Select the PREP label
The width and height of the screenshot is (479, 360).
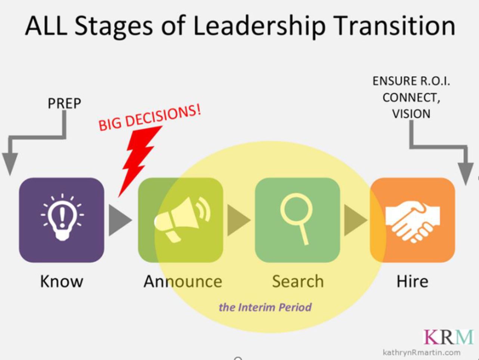click(64, 103)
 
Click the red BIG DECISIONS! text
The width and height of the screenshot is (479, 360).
click(149, 118)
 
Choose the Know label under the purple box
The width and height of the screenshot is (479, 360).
click(62, 281)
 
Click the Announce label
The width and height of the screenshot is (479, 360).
click(183, 281)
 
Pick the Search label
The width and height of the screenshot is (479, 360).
click(298, 281)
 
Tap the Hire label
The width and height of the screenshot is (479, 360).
click(412, 281)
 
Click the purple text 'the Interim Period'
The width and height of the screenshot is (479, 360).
click(265, 307)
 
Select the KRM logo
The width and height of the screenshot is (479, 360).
click(448, 337)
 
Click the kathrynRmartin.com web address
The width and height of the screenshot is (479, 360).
click(421, 352)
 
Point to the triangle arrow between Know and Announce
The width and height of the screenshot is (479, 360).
click(119, 220)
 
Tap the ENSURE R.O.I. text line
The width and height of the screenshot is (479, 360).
click(411, 81)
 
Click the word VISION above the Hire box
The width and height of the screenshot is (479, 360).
click(411, 114)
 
